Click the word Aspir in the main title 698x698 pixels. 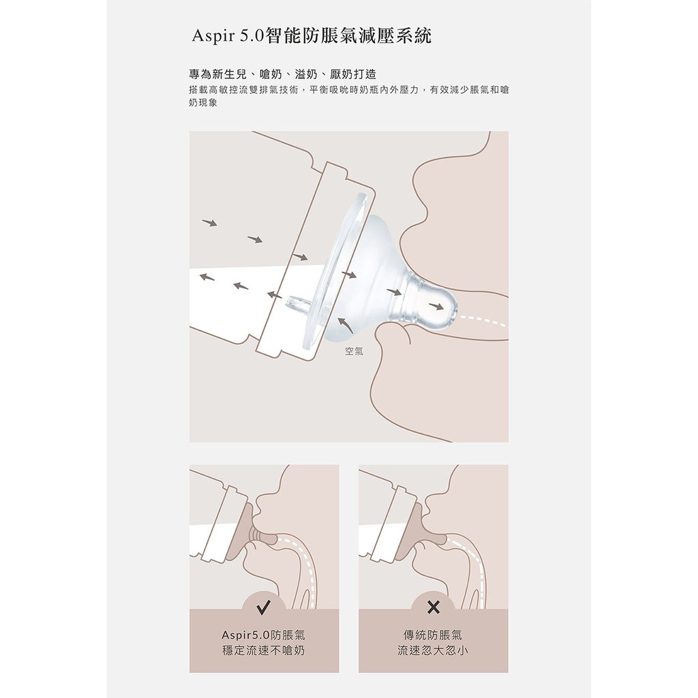[213, 36]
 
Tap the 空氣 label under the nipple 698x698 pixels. [354, 351]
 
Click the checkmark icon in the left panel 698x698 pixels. [264, 607]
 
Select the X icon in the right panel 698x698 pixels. [433, 607]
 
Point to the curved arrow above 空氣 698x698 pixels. [344, 324]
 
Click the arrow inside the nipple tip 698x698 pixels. [436, 306]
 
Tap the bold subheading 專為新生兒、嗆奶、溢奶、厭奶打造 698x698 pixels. [283, 74]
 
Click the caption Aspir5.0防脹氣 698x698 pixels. [264, 635]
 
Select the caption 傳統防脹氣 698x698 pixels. [433, 635]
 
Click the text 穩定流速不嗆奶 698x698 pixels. [264, 650]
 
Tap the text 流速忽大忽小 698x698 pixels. [433, 650]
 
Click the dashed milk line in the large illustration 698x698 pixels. [483, 320]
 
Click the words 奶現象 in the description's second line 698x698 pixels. [203, 103]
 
